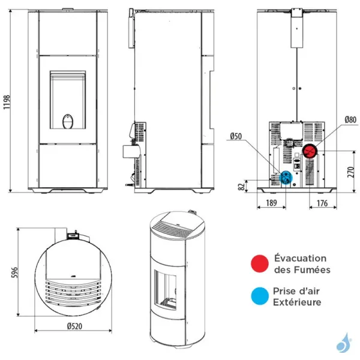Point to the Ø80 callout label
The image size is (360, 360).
350,119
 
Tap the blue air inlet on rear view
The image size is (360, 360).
286,177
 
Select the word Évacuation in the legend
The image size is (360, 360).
301,258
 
